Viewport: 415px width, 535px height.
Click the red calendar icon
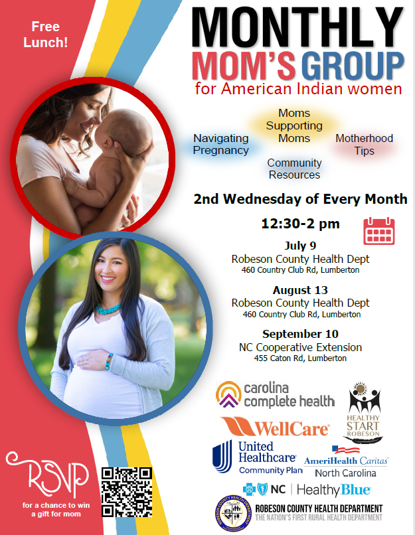(x=379, y=231)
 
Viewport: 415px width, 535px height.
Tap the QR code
(x=127, y=492)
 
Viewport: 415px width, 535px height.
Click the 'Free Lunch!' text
(x=45, y=35)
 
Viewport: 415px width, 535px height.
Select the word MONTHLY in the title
(x=297, y=27)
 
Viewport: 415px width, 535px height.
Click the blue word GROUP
(x=353, y=66)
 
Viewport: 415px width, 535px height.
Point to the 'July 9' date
(x=300, y=246)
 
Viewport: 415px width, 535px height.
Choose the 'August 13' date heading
(x=300, y=290)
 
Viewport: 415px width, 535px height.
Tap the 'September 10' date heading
(x=300, y=334)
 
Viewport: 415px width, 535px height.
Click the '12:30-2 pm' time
(x=300, y=224)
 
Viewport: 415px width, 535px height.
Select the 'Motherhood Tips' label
(x=364, y=144)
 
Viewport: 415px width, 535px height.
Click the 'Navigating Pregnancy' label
(x=221, y=144)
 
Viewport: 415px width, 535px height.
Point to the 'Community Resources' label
(x=294, y=169)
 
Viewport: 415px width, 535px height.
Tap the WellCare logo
(x=275, y=427)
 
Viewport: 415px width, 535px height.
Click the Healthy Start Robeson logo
(x=363, y=413)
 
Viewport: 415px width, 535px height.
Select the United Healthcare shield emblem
(x=222, y=457)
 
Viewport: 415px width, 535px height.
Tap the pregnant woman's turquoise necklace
(x=108, y=309)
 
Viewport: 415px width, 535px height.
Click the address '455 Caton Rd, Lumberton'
(x=300, y=358)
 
